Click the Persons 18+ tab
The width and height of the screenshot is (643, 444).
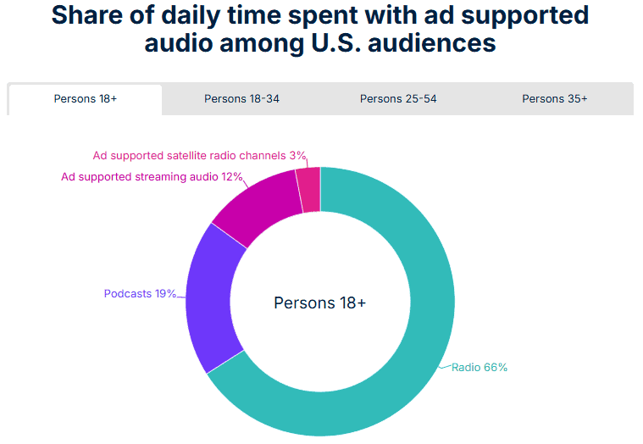(86, 99)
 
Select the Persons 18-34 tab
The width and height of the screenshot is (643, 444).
(241, 99)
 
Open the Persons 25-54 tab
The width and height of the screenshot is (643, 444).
(398, 99)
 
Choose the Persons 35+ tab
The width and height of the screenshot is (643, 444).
(555, 99)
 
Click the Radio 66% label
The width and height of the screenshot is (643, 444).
(479, 368)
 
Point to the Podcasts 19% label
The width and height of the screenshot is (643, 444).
(140, 294)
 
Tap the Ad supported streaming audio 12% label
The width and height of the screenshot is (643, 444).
(152, 177)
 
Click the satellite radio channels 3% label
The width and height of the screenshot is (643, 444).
(199, 156)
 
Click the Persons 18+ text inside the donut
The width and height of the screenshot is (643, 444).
(320, 302)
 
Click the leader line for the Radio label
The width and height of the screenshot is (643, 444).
(445, 367)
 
